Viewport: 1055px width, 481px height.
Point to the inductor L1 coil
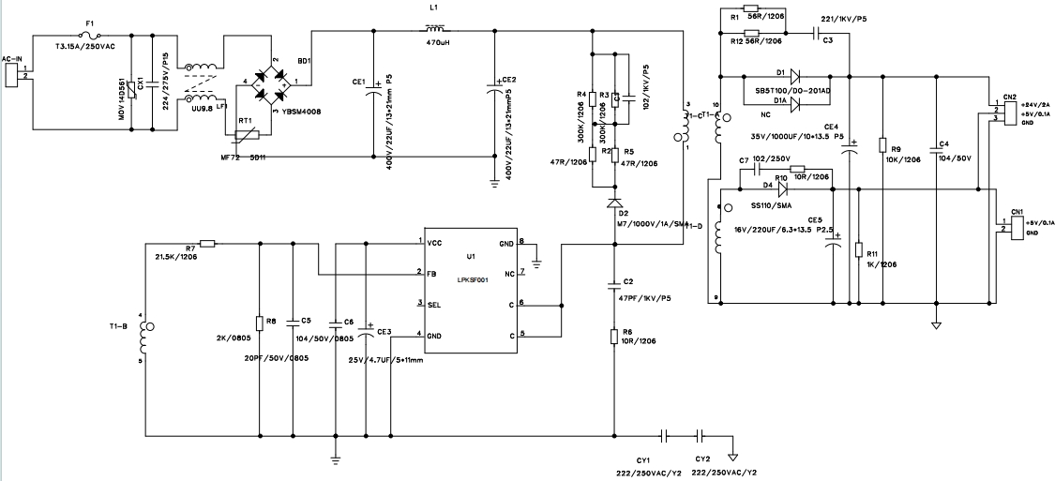tap(435, 31)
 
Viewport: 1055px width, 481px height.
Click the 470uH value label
tap(439, 43)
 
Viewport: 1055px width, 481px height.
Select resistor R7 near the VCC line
tap(208, 243)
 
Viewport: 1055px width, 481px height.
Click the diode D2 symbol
tap(614, 203)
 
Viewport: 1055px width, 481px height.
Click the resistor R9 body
tap(882, 144)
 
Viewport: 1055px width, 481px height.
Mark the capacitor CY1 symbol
tap(664, 436)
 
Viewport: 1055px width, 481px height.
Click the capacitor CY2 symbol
tap(700, 436)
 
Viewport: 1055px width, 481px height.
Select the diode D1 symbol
tap(793, 75)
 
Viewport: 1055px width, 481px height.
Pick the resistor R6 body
tap(614, 336)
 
